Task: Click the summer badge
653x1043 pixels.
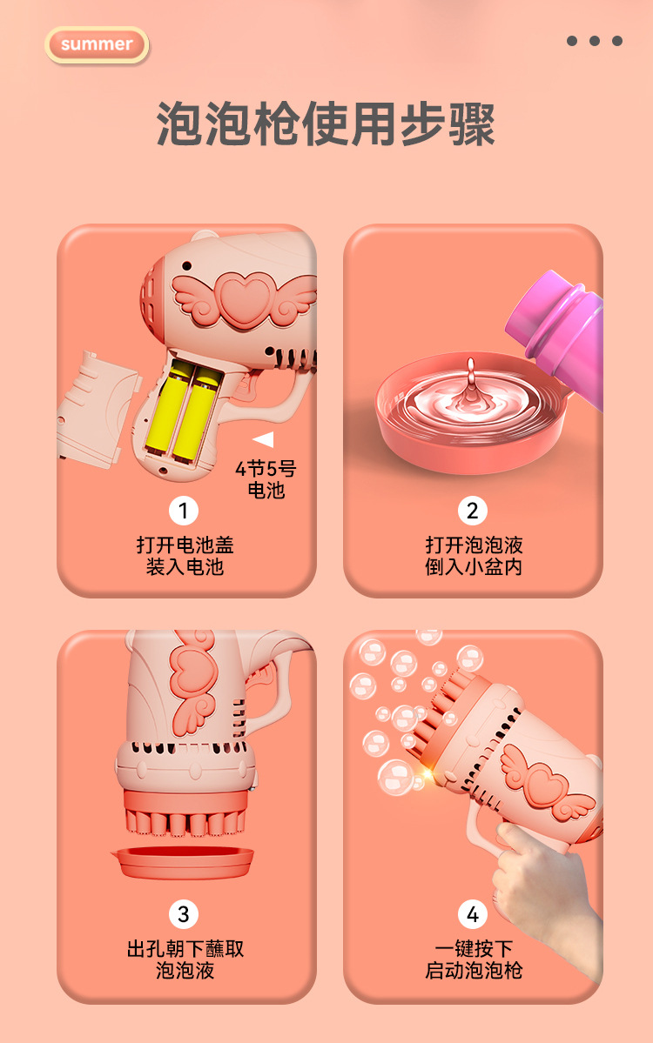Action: point(97,44)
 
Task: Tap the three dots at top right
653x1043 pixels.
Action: point(595,41)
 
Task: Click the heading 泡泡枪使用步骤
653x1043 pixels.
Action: point(326,124)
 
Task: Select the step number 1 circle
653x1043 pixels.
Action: point(184,510)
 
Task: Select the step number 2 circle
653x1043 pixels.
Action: point(473,510)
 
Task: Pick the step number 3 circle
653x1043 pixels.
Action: point(184,914)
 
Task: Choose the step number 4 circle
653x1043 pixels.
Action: point(473,914)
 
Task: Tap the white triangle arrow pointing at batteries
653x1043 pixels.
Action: point(263,439)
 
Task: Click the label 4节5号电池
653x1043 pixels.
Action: point(266,479)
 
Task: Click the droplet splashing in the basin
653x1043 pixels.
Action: point(470,383)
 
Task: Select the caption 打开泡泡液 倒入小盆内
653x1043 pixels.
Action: point(474,556)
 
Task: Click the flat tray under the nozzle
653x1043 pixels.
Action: point(184,861)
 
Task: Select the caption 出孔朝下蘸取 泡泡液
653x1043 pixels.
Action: point(185,959)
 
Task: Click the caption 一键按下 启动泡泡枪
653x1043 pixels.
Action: point(474,959)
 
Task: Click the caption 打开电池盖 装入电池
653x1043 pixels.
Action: point(185,556)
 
